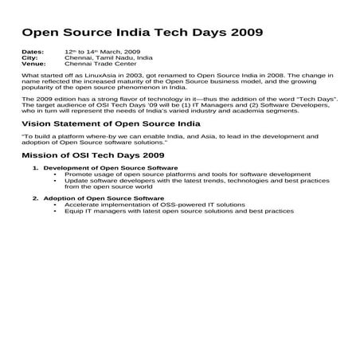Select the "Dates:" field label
click(x=33, y=51)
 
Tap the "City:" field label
click(x=29, y=57)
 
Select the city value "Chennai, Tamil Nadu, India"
click(x=108, y=57)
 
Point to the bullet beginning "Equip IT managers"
click(x=178, y=210)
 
